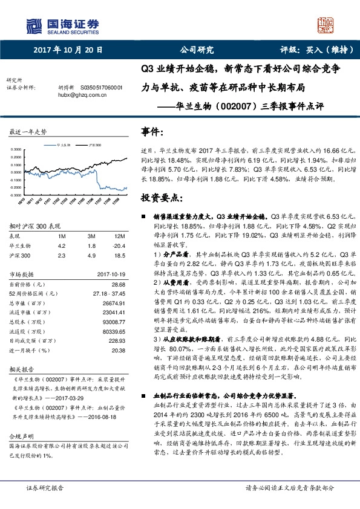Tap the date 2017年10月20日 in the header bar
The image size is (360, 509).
[68, 51]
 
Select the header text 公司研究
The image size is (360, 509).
[197, 51]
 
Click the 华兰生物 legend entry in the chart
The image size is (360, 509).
[64, 146]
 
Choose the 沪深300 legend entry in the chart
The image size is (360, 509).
[94, 146]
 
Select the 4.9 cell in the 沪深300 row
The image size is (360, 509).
[91, 256]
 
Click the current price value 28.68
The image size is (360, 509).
[118, 284]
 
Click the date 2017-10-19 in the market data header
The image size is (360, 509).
[110, 275]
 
